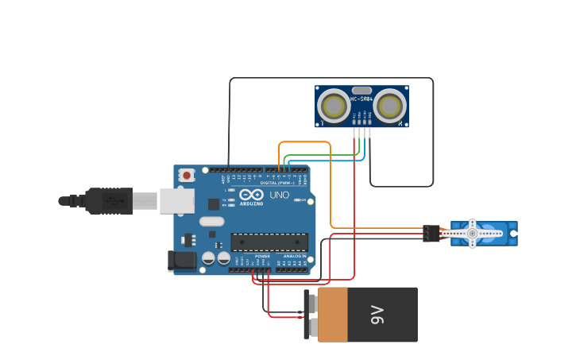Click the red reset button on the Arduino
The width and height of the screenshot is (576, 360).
coord(187,175)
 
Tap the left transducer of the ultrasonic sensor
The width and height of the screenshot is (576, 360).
coord(334,106)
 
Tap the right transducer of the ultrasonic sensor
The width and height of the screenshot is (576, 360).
coord(389,106)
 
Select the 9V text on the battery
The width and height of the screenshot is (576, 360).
coord(377,315)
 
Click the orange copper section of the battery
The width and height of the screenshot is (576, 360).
coord(333,315)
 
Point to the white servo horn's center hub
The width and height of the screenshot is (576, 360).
coord(472,234)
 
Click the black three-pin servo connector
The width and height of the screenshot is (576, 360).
coord(431,234)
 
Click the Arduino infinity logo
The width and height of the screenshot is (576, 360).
coord(251,195)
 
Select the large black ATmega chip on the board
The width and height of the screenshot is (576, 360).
coord(269,242)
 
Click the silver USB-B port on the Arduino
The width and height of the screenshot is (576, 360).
coord(176,201)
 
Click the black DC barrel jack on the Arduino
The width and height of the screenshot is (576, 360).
coord(182,261)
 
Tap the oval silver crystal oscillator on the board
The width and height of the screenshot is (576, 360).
coord(212,222)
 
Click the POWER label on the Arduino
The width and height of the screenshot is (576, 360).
coord(262,256)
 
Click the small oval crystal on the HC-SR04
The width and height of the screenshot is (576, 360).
coord(361,91)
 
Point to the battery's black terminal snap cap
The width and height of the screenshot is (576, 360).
coord(311,315)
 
